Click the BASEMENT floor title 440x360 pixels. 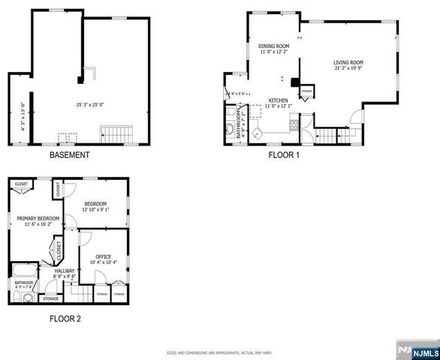click(70, 155)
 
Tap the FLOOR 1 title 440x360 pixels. click(284, 155)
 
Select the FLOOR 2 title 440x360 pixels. click(65, 319)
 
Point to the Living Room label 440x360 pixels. click(349, 62)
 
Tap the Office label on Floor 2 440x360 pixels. click(103, 256)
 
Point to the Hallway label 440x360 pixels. click(65, 271)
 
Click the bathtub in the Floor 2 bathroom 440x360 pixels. click(23, 271)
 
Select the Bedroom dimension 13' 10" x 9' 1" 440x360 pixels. click(95, 209)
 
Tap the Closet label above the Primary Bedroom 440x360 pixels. click(21, 184)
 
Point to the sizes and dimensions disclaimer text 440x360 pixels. click(219, 351)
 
